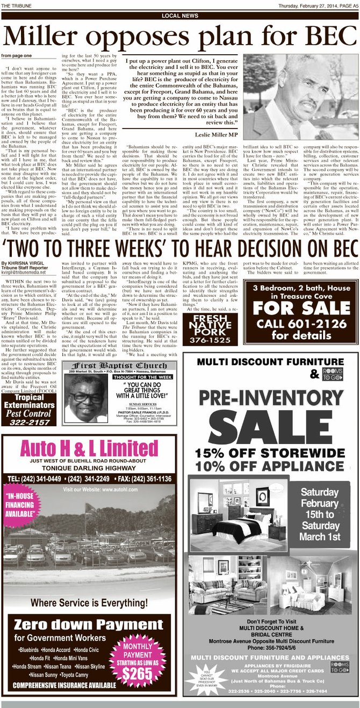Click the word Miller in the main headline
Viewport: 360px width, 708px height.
click(49, 36)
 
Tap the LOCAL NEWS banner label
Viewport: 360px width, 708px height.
click(179, 16)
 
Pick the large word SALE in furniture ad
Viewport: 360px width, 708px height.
click(270, 423)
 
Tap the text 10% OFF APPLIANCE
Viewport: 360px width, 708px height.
click(270, 466)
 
